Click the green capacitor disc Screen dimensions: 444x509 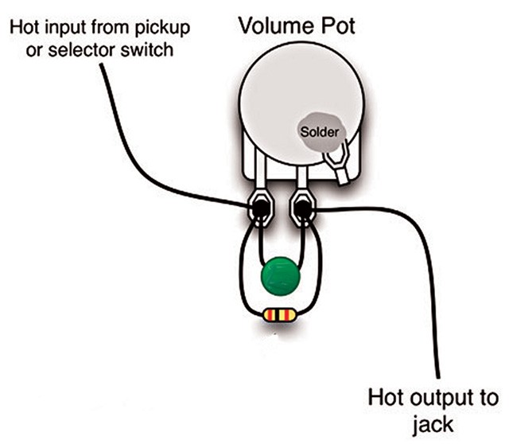pos(278,277)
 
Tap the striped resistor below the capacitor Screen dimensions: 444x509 pos(278,316)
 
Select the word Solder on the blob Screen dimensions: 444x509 pos(318,129)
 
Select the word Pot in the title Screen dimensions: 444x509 pos(336,25)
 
